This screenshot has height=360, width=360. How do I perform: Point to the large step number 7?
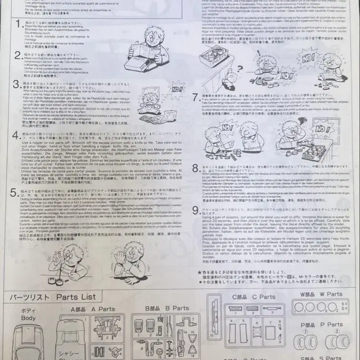click(x=196, y=98)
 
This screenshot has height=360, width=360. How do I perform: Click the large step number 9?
click(x=196, y=212)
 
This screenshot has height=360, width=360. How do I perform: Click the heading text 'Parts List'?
click(x=76, y=297)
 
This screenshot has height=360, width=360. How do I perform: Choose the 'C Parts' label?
click(x=261, y=296)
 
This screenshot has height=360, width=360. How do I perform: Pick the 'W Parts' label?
click(x=327, y=294)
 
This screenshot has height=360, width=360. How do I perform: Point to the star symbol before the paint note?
click(x=200, y=272)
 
